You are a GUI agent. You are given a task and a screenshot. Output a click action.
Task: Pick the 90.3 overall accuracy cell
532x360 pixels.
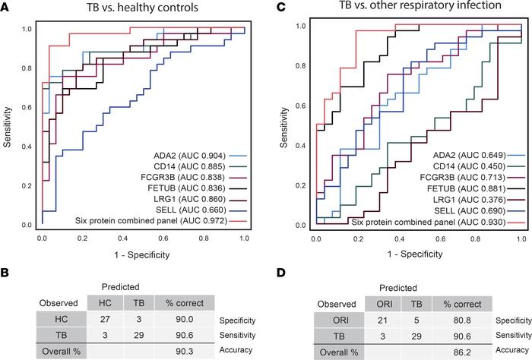point(176,353)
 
